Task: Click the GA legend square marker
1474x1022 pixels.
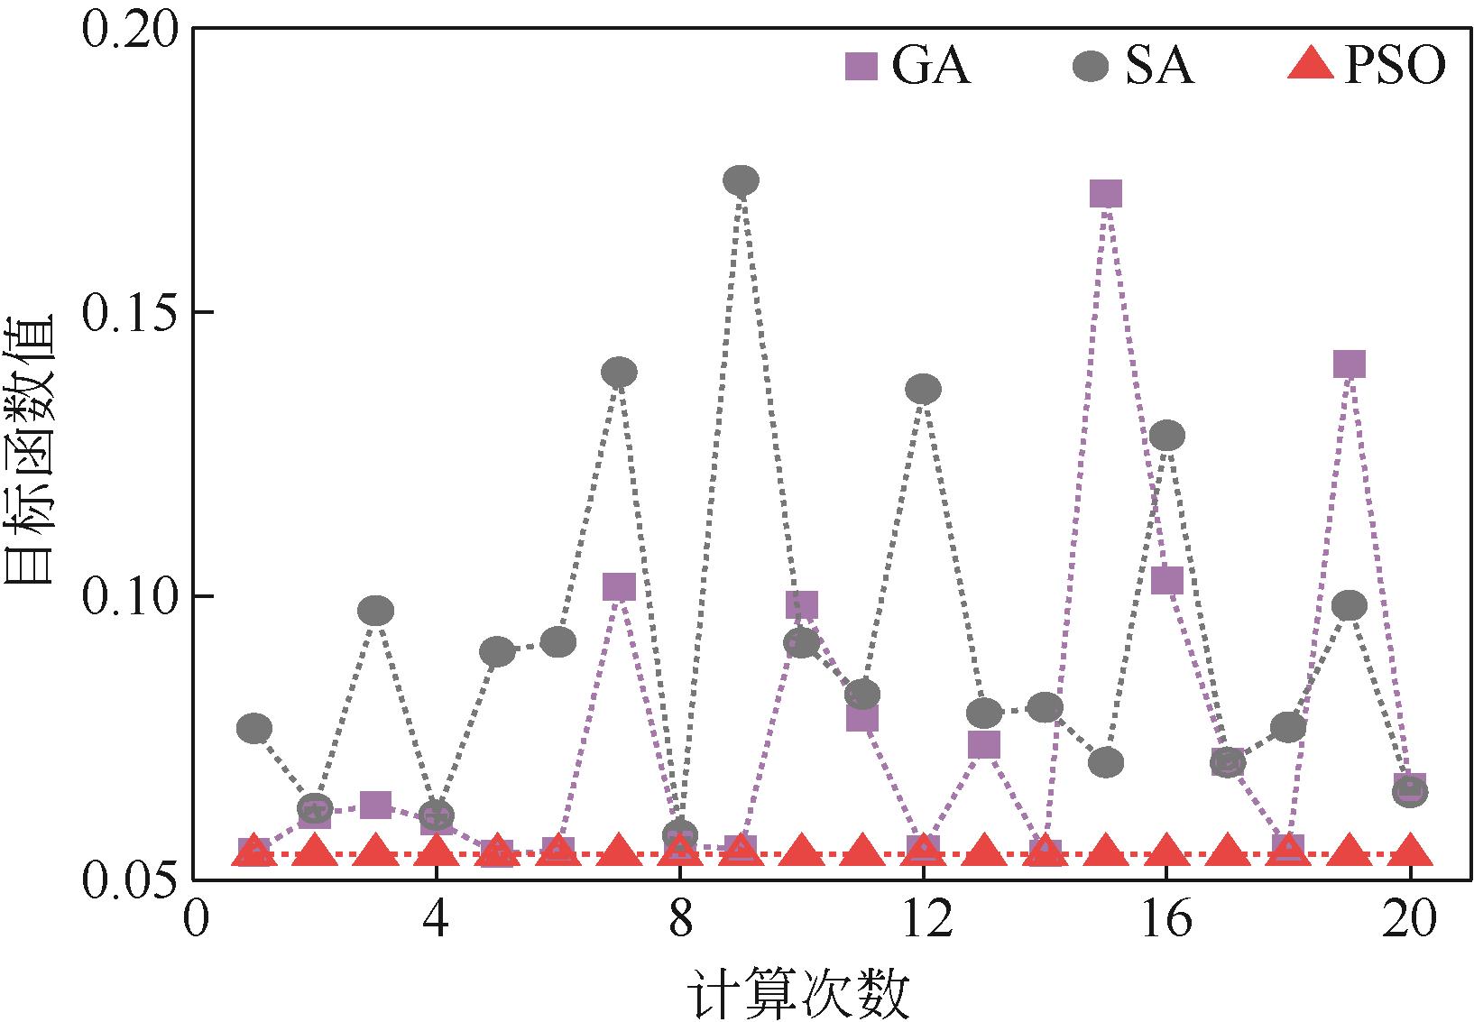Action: tap(861, 66)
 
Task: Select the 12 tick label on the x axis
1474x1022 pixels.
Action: tap(923, 923)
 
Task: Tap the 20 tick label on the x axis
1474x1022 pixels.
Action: tap(1409, 923)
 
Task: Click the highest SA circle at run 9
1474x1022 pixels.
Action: tap(741, 181)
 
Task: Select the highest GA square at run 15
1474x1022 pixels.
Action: tap(1106, 193)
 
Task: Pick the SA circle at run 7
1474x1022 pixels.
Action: tap(619, 372)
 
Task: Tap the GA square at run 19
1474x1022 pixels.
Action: tap(1350, 364)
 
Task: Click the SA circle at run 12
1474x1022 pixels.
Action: tap(923, 390)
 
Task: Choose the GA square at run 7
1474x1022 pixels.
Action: tap(619, 587)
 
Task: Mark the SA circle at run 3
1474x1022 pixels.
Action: tap(375, 611)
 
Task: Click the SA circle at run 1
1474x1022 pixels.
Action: tap(254, 728)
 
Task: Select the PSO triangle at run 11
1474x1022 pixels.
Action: tap(862, 851)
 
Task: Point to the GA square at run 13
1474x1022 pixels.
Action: tap(984, 745)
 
